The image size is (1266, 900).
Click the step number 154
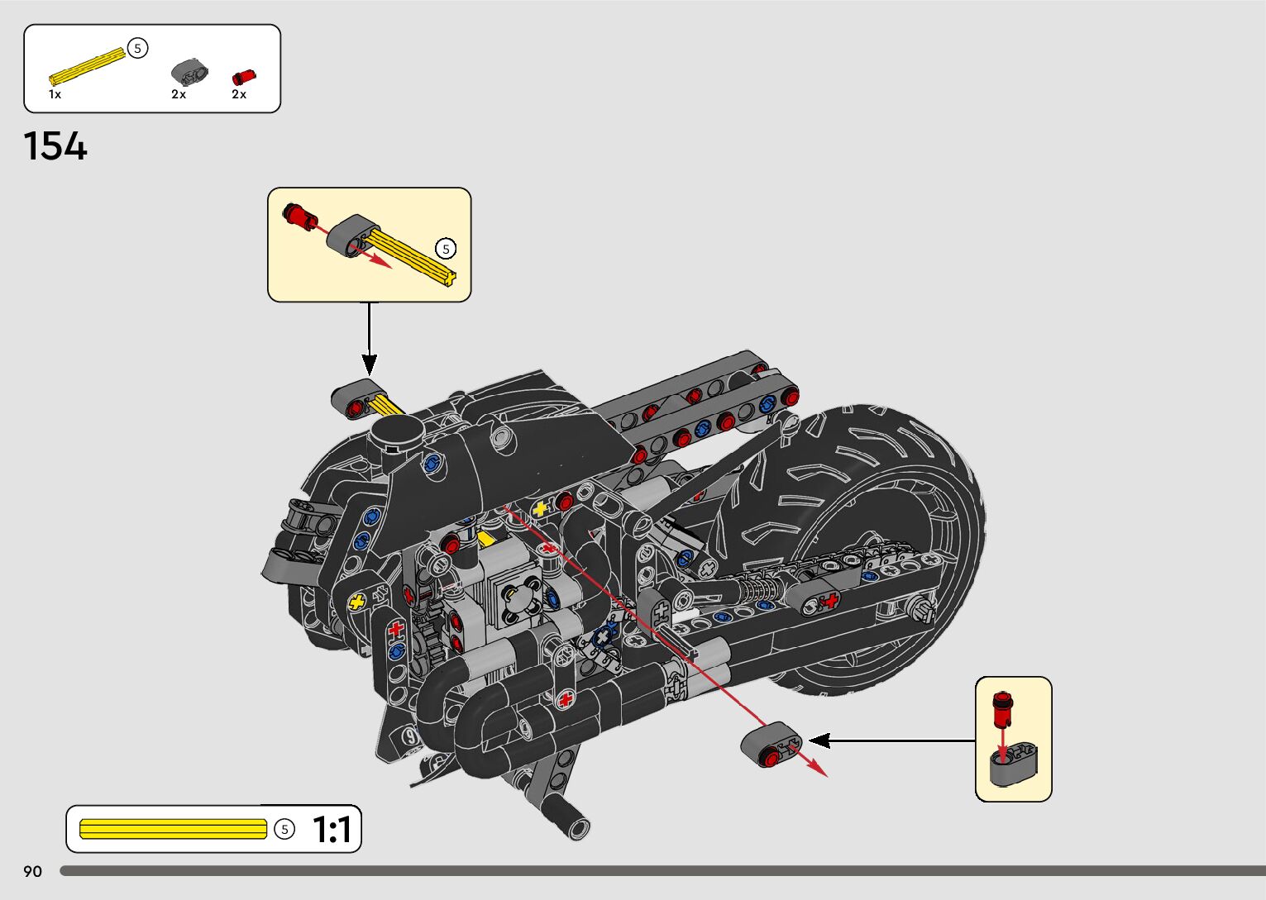pos(55,146)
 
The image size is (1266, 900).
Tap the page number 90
pos(32,871)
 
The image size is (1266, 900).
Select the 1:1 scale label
pos(332,829)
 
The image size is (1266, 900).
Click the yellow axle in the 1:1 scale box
pos(173,828)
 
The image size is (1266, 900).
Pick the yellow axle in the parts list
pos(86,67)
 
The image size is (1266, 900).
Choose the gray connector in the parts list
pos(189,73)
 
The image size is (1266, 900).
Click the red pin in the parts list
pos(244,77)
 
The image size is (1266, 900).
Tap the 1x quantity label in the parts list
pos(55,94)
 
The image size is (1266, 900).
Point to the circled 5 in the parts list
pos(138,49)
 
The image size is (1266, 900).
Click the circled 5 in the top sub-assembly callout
pos(446,248)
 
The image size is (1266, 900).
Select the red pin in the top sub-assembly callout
pos(299,217)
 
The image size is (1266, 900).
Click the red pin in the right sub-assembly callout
pos(1003,708)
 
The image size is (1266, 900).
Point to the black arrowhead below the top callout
pos(370,364)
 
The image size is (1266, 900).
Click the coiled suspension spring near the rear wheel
pos(761,588)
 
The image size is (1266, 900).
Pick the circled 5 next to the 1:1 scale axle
pos(284,828)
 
